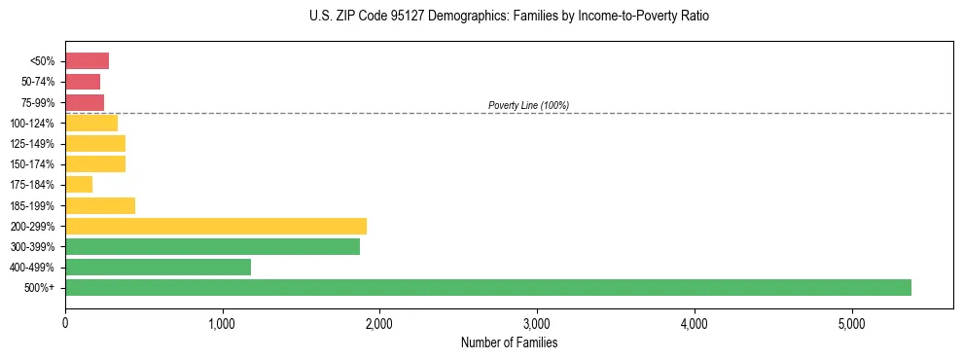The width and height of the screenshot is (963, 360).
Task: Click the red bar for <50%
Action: (87, 61)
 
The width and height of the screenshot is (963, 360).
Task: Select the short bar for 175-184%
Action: (79, 185)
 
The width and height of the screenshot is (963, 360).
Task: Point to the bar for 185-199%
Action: (100, 205)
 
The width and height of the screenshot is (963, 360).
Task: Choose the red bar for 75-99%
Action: (85, 102)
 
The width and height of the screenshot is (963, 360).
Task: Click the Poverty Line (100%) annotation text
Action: (528, 105)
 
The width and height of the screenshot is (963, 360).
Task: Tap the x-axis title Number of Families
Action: (509, 342)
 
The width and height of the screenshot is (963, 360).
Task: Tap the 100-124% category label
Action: (32, 124)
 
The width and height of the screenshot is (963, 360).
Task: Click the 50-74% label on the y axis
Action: (37, 82)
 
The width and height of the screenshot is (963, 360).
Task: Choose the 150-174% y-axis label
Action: (32, 164)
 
